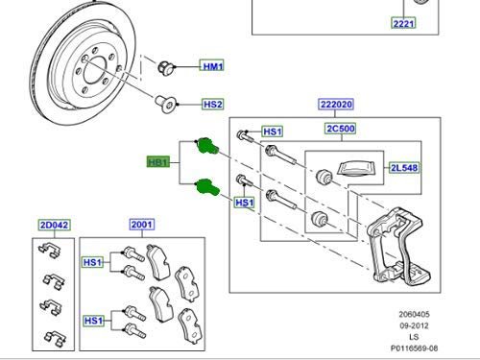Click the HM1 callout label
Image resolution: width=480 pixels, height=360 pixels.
212,66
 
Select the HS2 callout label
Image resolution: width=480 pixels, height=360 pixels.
213,105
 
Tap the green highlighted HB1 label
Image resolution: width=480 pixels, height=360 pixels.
157,162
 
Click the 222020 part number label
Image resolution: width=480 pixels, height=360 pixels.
336,105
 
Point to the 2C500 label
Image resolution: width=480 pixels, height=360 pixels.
341,129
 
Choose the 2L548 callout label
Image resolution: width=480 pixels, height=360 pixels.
404,168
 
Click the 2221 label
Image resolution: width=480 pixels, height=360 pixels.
403,23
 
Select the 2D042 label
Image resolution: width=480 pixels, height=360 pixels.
54,225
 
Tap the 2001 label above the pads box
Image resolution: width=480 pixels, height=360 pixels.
142,225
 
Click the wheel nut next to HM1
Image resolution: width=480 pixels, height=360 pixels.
166,67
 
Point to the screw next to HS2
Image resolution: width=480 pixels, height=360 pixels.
166,103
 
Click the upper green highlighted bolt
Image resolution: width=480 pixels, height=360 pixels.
207,146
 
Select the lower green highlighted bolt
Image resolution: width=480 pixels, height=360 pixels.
208,187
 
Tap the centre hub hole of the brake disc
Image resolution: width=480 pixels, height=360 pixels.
94,71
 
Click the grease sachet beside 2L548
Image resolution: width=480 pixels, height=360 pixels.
357,168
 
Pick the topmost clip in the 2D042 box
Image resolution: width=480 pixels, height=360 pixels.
50,250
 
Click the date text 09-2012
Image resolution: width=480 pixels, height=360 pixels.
414,325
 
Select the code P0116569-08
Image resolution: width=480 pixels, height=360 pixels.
414,348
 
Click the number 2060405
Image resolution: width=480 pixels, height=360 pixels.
414,314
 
